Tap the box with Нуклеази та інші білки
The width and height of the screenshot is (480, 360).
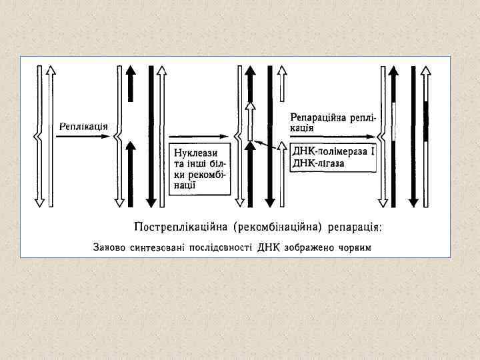point(199,167)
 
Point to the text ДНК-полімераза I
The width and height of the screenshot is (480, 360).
point(333,152)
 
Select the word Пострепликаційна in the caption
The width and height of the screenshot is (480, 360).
point(181,227)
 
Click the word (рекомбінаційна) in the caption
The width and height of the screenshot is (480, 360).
point(277,227)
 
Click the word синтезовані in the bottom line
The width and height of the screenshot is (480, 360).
point(153,248)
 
